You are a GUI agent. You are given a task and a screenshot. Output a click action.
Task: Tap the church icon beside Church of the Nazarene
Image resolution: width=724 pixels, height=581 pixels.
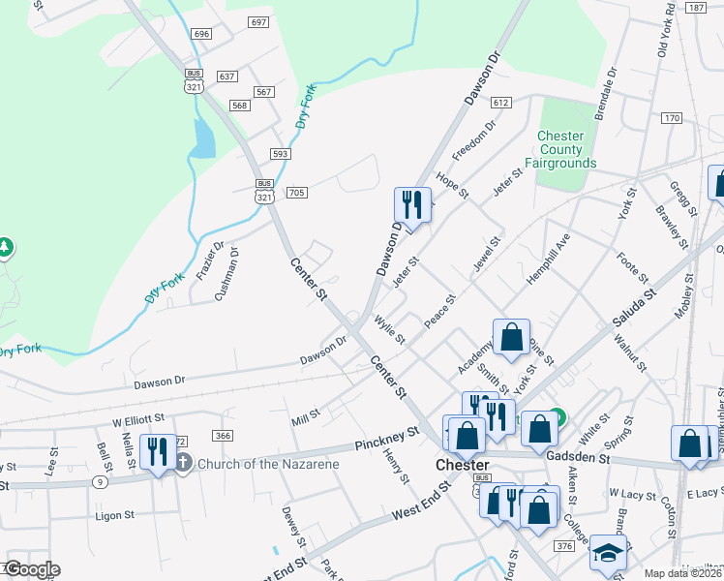click(x=184, y=463)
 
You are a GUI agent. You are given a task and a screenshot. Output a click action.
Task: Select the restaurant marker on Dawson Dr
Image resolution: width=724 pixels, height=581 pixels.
click(x=411, y=205)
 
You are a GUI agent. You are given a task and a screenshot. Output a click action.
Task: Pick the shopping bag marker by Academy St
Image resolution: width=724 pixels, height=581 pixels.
click(x=511, y=338)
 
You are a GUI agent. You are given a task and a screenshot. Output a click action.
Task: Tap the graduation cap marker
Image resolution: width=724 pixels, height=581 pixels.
click(x=608, y=553)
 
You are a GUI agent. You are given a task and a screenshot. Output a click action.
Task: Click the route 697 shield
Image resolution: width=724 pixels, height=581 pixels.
click(x=257, y=21)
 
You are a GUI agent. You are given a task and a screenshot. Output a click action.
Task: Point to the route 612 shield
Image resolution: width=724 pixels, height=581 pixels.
click(x=500, y=102)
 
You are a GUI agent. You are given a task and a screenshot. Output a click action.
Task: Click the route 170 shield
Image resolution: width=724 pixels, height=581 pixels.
click(x=672, y=118)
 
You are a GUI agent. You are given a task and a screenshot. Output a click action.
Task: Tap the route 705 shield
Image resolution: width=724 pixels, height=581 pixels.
click(x=296, y=193)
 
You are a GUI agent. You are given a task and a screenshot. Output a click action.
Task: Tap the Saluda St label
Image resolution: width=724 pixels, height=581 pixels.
click(x=634, y=306)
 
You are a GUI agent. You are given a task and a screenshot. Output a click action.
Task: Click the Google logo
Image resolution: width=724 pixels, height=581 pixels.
click(x=32, y=569)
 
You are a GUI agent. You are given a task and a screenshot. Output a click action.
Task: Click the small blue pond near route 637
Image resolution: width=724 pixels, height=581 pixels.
click(x=203, y=138)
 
